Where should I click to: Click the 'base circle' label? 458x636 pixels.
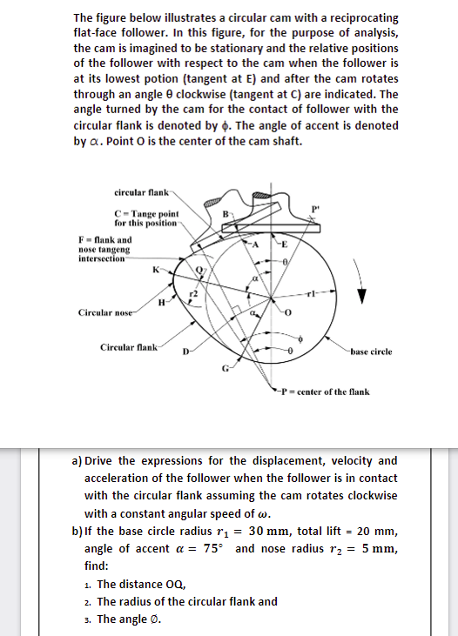point(371,351)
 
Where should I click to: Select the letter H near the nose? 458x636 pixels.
point(161,304)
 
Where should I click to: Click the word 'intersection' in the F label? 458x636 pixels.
point(101,258)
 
